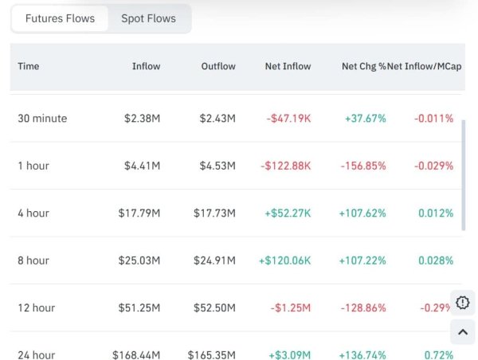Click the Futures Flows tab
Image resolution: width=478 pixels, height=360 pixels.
(60, 18)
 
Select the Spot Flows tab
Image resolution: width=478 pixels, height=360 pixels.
(148, 18)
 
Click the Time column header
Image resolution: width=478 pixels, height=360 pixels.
(29, 66)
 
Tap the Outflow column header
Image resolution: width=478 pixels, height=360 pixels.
(218, 66)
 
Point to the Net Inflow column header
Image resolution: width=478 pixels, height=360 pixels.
(288, 66)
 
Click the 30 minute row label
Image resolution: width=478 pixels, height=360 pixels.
(42, 119)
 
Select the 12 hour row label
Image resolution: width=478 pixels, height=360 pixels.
(36, 307)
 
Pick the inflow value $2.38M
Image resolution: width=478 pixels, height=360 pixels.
(142, 119)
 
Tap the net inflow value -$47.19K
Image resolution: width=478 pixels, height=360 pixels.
(288, 119)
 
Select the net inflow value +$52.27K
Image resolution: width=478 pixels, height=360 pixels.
(285, 213)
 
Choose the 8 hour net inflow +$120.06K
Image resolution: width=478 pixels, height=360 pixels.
(284, 260)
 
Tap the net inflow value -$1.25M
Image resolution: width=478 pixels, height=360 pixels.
(292, 307)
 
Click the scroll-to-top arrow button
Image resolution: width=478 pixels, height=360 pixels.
(463, 332)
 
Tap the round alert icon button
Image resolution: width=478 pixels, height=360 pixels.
(463, 303)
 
